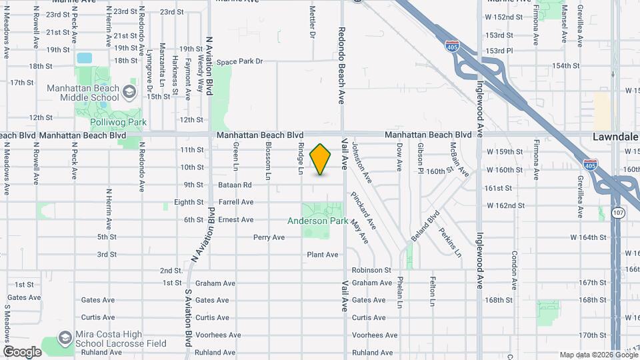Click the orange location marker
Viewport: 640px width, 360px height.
(x=321, y=159)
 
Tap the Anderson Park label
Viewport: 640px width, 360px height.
(x=317, y=221)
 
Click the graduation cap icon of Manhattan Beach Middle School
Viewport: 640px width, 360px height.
(x=130, y=89)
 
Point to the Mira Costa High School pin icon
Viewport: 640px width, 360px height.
(x=65, y=337)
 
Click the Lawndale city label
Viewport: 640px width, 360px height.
(x=615, y=136)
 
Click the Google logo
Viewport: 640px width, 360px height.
(x=22, y=352)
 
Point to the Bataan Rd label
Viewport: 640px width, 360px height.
(x=235, y=185)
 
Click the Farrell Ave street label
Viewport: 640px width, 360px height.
(x=235, y=202)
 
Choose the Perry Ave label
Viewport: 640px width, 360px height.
(x=269, y=237)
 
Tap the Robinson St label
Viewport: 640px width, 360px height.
(x=371, y=270)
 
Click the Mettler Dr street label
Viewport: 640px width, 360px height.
(x=312, y=23)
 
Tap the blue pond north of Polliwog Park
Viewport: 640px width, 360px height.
(x=85, y=58)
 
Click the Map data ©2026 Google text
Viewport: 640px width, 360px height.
(x=598, y=355)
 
